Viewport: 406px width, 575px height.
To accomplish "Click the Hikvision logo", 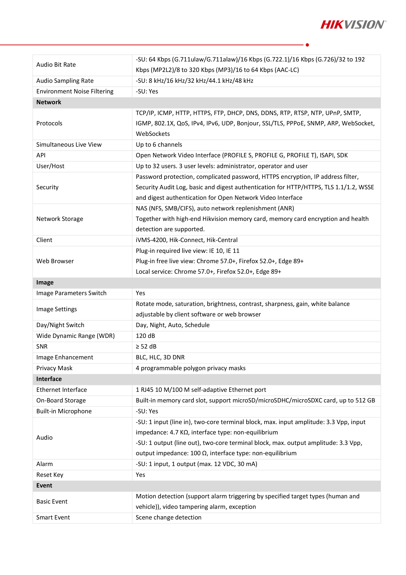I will coord(353,25).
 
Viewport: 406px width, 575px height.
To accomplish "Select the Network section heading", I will coord(49,102).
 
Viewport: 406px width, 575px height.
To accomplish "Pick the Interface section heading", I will coord(49,379).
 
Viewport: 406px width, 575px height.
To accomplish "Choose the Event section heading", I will coord(44,485).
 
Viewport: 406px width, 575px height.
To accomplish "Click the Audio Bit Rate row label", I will coord(56,65).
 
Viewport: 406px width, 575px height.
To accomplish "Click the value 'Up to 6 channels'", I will coord(159,145).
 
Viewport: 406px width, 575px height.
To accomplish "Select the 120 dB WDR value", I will coord(145,336).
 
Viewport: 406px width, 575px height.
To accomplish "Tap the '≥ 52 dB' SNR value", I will coord(146,346).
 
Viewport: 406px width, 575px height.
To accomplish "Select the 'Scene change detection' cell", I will coord(168,517).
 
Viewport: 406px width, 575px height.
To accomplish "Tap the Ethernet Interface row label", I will coord(62,390).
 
